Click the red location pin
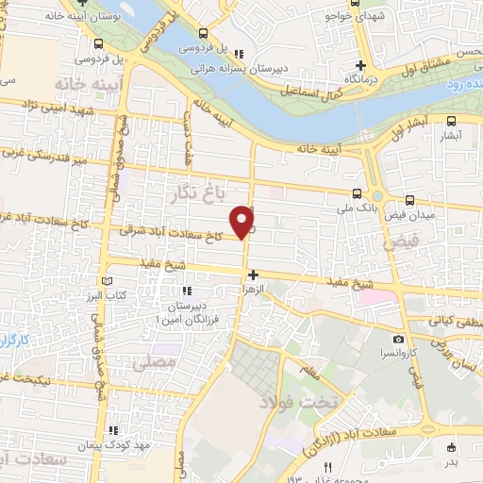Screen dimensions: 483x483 [x=244, y=220]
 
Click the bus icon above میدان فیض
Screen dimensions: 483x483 [x=409, y=200]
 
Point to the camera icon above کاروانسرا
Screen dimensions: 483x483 [x=399, y=339]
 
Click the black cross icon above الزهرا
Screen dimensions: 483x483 [x=252, y=275]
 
